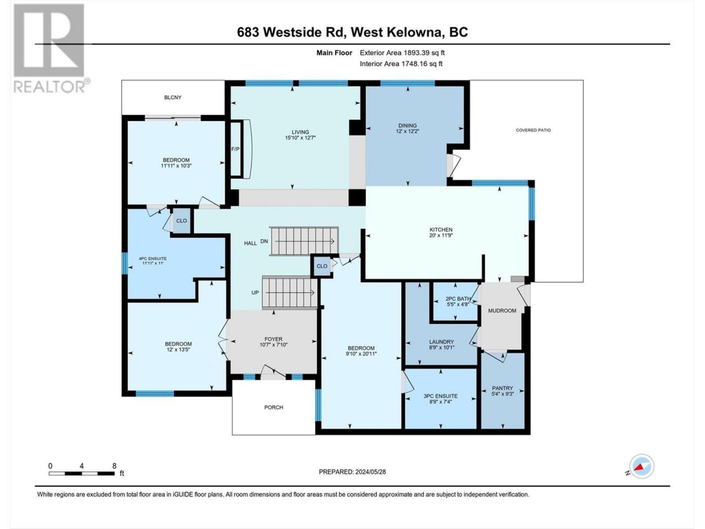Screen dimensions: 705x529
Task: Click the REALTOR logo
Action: pyautogui.click(x=51, y=48)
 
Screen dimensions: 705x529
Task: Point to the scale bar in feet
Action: pyautogui.click(x=82, y=473)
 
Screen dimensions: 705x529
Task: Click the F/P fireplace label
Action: pyautogui.click(x=235, y=149)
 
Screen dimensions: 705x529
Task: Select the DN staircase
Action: pyautogui.click(x=304, y=241)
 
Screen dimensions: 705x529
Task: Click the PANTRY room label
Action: pyautogui.click(x=503, y=388)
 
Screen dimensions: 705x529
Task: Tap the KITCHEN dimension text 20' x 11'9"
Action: pyautogui.click(x=441, y=235)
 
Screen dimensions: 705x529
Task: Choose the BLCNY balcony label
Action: pyautogui.click(x=173, y=98)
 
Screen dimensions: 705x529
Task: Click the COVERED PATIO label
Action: pyautogui.click(x=533, y=130)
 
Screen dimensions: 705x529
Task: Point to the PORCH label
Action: pyautogui.click(x=274, y=407)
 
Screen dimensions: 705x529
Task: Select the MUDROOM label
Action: pyautogui.click(x=502, y=311)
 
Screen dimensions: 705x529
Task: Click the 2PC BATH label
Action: pyautogui.click(x=458, y=299)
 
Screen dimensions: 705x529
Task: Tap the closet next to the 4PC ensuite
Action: pyautogui.click(x=181, y=220)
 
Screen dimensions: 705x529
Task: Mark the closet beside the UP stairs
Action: pyautogui.click(x=322, y=266)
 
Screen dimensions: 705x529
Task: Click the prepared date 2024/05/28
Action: pyautogui.click(x=370, y=472)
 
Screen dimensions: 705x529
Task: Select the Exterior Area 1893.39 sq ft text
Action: pyautogui.click(x=402, y=53)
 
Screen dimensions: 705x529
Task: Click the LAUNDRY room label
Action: pyautogui.click(x=441, y=342)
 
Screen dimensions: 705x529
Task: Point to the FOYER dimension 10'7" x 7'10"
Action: pyautogui.click(x=273, y=344)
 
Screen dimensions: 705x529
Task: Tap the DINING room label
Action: pyautogui.click(x=408, y=126)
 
